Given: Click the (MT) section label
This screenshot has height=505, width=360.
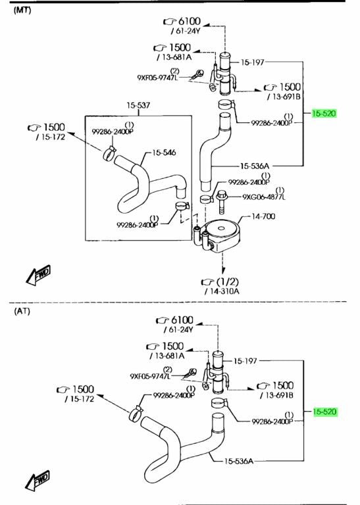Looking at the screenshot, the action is tap(22, 10).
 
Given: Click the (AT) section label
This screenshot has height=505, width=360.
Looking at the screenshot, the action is tap(22, 312).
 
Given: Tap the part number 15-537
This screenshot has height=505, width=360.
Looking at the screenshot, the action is tap(138, 105).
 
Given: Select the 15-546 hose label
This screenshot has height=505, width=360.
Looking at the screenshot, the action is tap(164, 153).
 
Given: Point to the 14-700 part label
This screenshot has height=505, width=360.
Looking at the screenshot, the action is tap(263, 216).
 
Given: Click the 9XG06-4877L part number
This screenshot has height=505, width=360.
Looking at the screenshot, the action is tap(264, 197).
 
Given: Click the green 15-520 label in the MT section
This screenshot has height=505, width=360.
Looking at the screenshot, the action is tap(324, 113).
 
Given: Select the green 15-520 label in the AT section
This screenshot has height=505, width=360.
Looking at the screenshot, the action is tap(325, 412).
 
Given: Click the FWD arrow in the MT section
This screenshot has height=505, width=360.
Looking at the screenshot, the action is tap(38, 276).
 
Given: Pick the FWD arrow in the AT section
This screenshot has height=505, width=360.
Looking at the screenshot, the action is tap(38, 481).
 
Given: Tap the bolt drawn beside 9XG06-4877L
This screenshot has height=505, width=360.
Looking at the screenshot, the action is tap(221, 202).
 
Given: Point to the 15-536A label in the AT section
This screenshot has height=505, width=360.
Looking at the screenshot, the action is tap(239, 461).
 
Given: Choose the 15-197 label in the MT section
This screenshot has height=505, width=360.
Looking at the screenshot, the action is tap(252, 62).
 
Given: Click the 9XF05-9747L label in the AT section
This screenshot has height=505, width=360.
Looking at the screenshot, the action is tap(150, 376).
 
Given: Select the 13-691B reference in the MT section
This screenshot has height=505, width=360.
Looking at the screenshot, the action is tap(284, 97).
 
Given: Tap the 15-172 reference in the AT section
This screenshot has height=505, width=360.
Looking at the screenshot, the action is tap(80, 399).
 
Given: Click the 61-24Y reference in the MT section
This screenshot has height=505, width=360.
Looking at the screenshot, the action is tap(186, 32).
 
